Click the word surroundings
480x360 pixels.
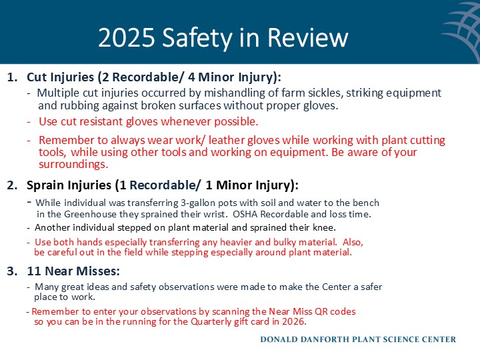[73, 164]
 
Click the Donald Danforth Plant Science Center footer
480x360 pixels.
[358, 339]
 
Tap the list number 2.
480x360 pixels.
[11, 185]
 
